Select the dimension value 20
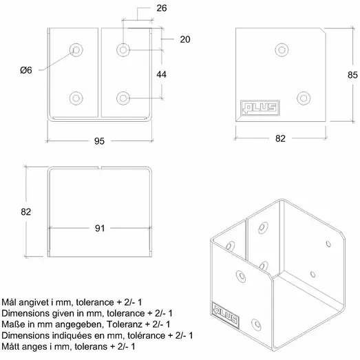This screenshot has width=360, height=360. (x=184, y=40)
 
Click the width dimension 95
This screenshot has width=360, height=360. (x=99, y=142)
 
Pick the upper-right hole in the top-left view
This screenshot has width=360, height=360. (x=124, y=49)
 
